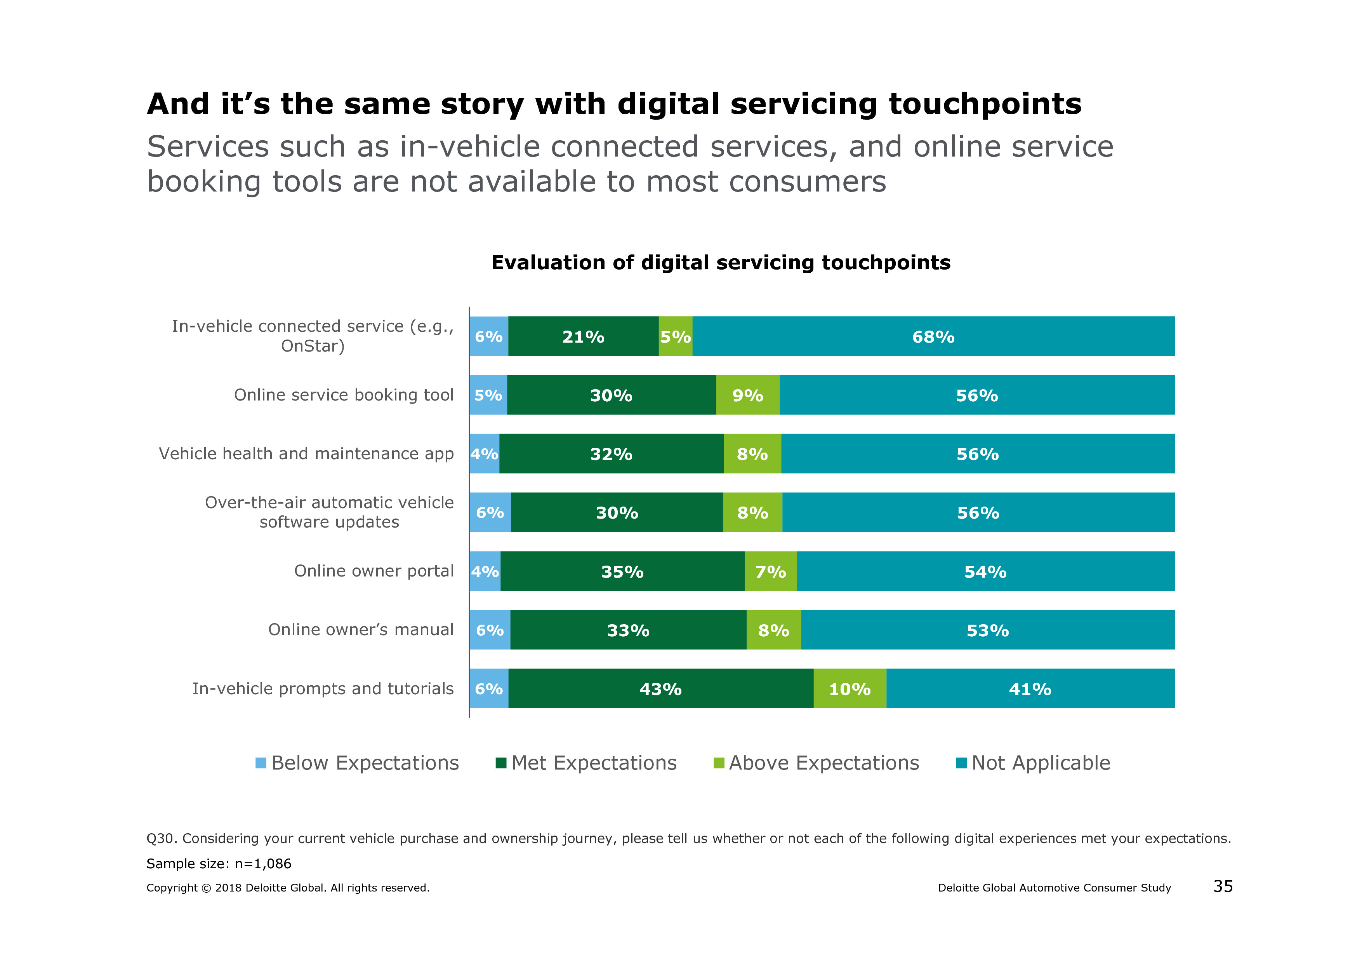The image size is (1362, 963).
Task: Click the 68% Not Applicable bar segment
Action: tap(933, 336)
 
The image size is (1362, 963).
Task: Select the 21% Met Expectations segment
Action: tap(583, 336)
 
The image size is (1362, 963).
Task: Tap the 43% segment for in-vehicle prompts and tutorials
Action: tap(660, 688)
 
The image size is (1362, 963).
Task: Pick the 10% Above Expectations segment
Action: tap(850, 688)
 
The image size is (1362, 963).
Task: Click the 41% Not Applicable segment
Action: tap(1030, 688)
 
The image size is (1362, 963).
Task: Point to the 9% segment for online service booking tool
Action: tap(747, 395)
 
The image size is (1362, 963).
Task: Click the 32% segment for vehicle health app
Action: tap(611, 454)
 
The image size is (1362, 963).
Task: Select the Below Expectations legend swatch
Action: tap(261, 763)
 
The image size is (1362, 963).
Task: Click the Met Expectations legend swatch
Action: tap(501, 763)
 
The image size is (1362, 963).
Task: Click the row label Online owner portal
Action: tap(374, 571)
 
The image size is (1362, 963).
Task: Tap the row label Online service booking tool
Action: tap(344, 395)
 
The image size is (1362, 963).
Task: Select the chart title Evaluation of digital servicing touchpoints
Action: tap(721, 262)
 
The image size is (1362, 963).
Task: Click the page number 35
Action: tap(1223, 886)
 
